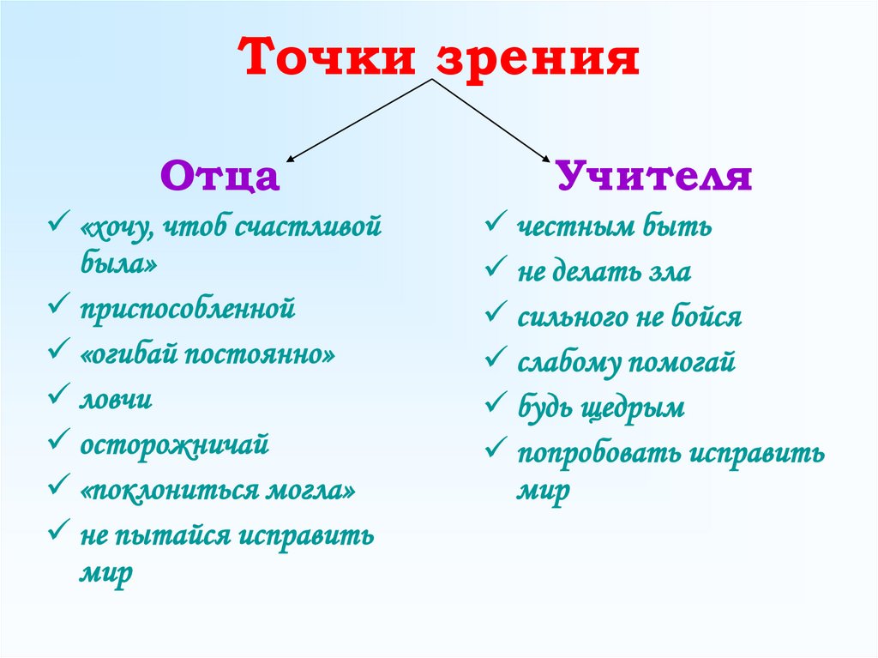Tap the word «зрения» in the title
[x=539, y=60]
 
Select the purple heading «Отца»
[x=220, y=178]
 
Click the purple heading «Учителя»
[x=654, y=177]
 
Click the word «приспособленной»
[x=188, y=308]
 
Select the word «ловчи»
[x=117, y=400]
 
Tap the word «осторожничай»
[x=175, y=446]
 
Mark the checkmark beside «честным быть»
[x=494, y=225]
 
